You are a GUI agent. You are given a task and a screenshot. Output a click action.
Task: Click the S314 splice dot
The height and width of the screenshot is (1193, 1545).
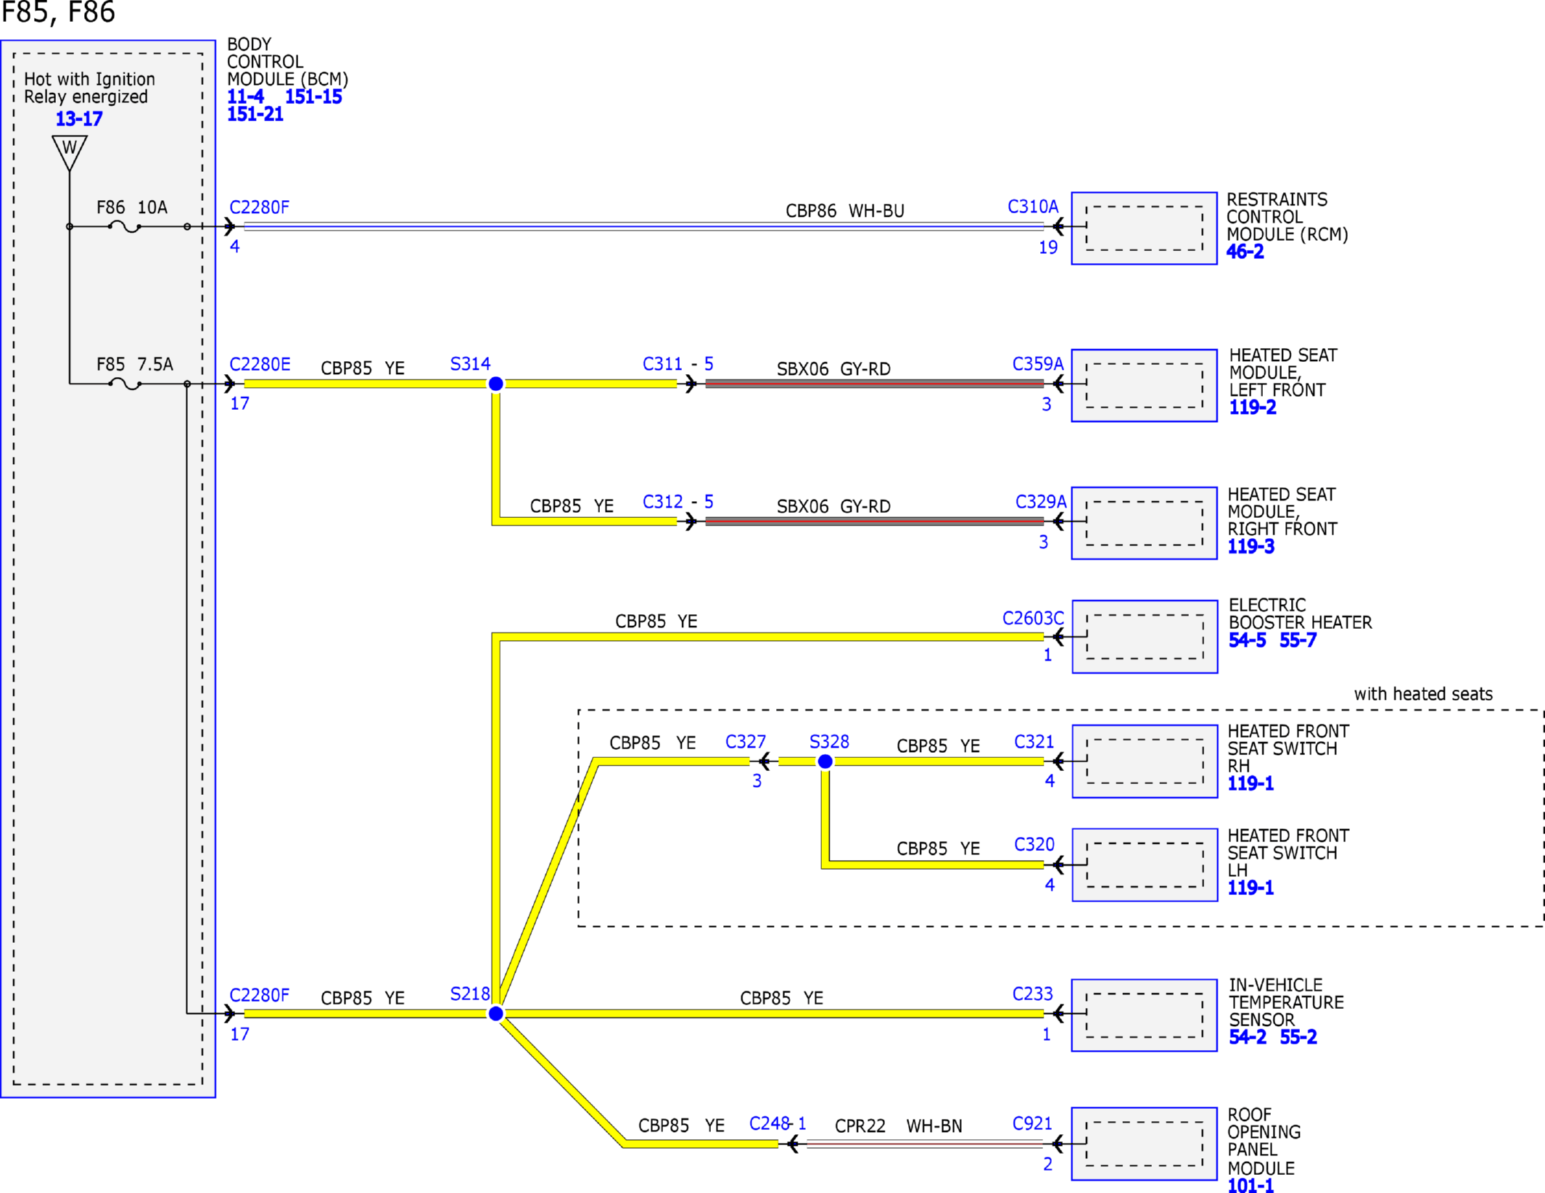(495, 384)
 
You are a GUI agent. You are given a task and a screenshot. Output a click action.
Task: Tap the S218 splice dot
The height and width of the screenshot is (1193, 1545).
(495, 1013)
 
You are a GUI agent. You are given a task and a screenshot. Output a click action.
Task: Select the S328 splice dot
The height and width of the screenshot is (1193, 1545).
(825, 761)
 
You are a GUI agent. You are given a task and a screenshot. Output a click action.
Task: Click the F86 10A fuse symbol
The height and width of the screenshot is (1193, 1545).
(125, 228)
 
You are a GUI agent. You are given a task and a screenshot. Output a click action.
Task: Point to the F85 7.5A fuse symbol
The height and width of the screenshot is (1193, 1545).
(125, 385)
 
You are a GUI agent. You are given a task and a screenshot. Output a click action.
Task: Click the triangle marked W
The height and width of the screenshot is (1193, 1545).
(70, 152)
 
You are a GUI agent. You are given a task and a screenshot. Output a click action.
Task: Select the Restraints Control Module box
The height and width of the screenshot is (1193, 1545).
(1144, 228)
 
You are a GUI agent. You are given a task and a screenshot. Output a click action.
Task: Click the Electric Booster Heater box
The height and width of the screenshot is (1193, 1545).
(1145, 637)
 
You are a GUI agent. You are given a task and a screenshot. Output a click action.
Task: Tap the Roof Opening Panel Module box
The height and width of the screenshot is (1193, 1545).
(1144, 1144)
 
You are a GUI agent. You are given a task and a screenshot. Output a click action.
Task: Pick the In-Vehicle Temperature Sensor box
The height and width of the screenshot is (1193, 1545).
(1144, 1015)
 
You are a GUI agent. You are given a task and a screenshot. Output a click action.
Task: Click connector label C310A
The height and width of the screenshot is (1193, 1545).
(1033, 207)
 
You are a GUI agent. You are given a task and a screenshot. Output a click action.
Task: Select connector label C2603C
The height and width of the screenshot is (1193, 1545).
(1033, 618)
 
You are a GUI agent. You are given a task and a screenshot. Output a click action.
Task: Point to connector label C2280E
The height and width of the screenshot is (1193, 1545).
(260, 364)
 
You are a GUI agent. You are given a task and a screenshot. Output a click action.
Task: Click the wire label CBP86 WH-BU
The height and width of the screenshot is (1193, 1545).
(845, 211)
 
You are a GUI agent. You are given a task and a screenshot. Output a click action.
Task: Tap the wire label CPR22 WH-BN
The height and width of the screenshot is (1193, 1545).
(898, 1126)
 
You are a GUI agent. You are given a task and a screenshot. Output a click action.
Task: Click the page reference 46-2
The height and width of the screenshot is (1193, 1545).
(1245, 252)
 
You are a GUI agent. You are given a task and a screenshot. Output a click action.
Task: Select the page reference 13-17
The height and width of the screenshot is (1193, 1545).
(79, 118)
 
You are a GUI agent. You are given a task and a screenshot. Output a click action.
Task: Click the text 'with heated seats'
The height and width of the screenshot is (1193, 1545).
(1423, 694)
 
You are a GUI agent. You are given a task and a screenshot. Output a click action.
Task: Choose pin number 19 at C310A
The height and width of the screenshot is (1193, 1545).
(1048, 247)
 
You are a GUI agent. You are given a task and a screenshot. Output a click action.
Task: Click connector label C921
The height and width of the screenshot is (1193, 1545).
(1032, 1123)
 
